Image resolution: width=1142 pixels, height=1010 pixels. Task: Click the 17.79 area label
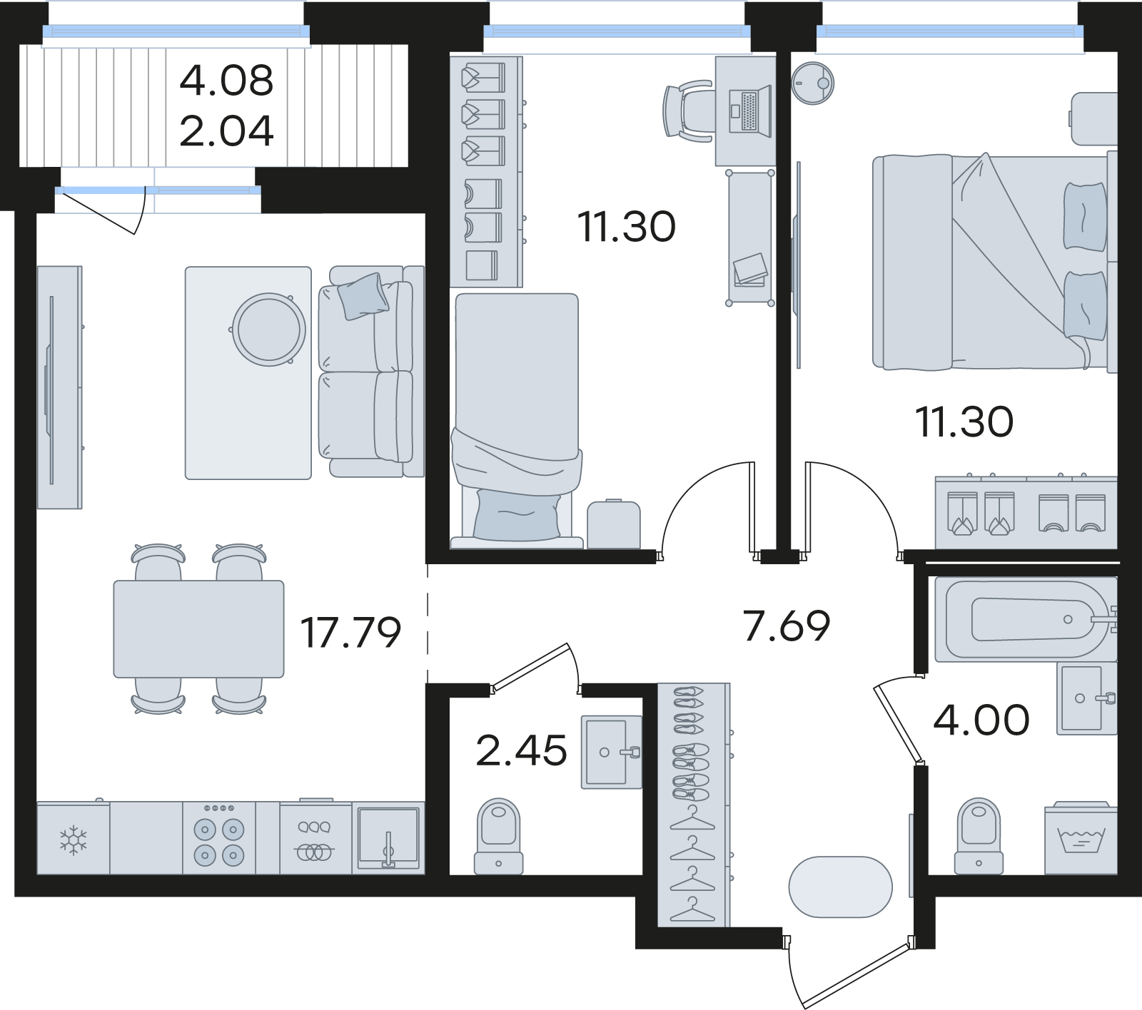350,633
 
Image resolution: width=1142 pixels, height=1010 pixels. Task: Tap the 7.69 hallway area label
787,626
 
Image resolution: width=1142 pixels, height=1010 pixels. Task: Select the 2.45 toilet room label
521,750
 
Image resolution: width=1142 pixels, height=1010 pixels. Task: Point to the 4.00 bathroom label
981,720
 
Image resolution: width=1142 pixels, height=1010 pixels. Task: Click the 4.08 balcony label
226,80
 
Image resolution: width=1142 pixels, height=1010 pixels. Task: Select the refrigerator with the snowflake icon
74,838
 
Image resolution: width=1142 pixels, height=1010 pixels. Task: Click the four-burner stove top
219,839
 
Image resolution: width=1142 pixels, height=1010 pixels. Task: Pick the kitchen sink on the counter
388,839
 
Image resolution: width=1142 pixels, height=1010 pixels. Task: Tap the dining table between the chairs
198,628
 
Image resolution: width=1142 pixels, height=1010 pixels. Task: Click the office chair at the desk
688,111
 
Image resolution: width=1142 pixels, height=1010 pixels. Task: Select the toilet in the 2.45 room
498,837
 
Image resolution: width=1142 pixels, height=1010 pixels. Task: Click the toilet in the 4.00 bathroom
979,837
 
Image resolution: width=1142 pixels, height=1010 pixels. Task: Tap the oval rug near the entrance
840,887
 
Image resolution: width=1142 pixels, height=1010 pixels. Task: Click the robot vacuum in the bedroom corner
812,82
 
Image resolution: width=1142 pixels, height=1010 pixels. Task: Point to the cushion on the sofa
364,295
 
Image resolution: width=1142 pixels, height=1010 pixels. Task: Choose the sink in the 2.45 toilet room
610,752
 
